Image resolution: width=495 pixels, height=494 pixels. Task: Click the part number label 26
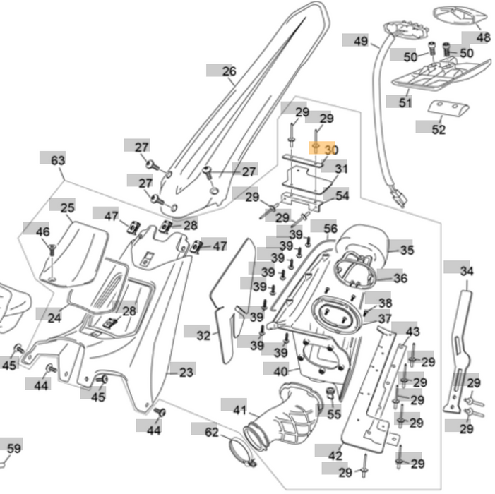coord(229,71)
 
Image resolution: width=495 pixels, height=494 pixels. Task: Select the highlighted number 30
coord(331,150)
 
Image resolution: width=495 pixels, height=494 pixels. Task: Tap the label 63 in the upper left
coord(58,160)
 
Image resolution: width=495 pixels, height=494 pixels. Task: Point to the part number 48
coord(482,37)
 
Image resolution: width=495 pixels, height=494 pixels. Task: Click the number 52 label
coord(439,129)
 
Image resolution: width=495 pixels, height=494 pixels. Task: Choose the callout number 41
coord(240,409)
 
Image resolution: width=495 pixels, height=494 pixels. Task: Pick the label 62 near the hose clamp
coord(212,431)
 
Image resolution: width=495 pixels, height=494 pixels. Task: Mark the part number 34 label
coord(467,270)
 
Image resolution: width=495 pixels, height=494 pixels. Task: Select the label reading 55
coord(333,415)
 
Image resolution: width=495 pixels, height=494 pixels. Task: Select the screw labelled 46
coord(52,248)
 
